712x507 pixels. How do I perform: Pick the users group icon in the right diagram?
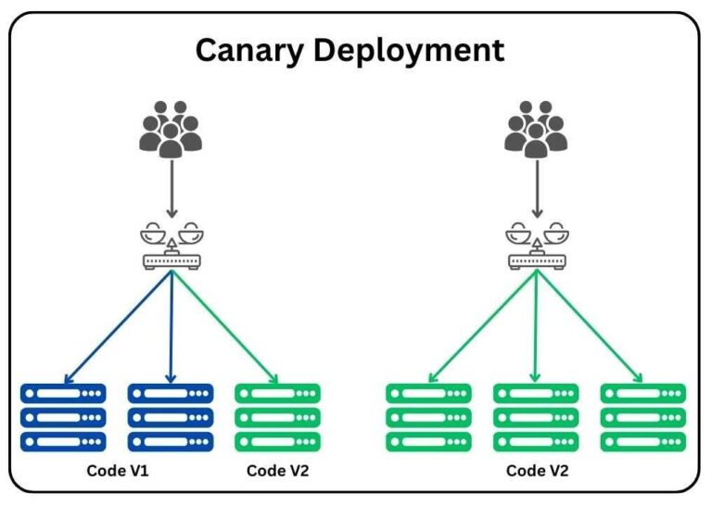(x=535, y=127)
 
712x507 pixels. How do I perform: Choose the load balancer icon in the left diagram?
(x=171, y=247)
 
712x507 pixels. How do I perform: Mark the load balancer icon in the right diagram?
(x=536, y=247)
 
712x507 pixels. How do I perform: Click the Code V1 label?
(x=118, y=471)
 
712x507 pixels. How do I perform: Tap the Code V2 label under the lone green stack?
(x=278, y=471)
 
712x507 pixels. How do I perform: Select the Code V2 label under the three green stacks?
(x=537, y=471)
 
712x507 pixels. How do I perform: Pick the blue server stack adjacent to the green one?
(x=171, y=417)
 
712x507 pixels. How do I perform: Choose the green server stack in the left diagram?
(x=278, y=417)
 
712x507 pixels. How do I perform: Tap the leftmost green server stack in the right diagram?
(x=428, y=417)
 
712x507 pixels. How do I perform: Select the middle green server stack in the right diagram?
(x=536, y=417)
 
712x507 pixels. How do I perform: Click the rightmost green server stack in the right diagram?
(x=643, y=417)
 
